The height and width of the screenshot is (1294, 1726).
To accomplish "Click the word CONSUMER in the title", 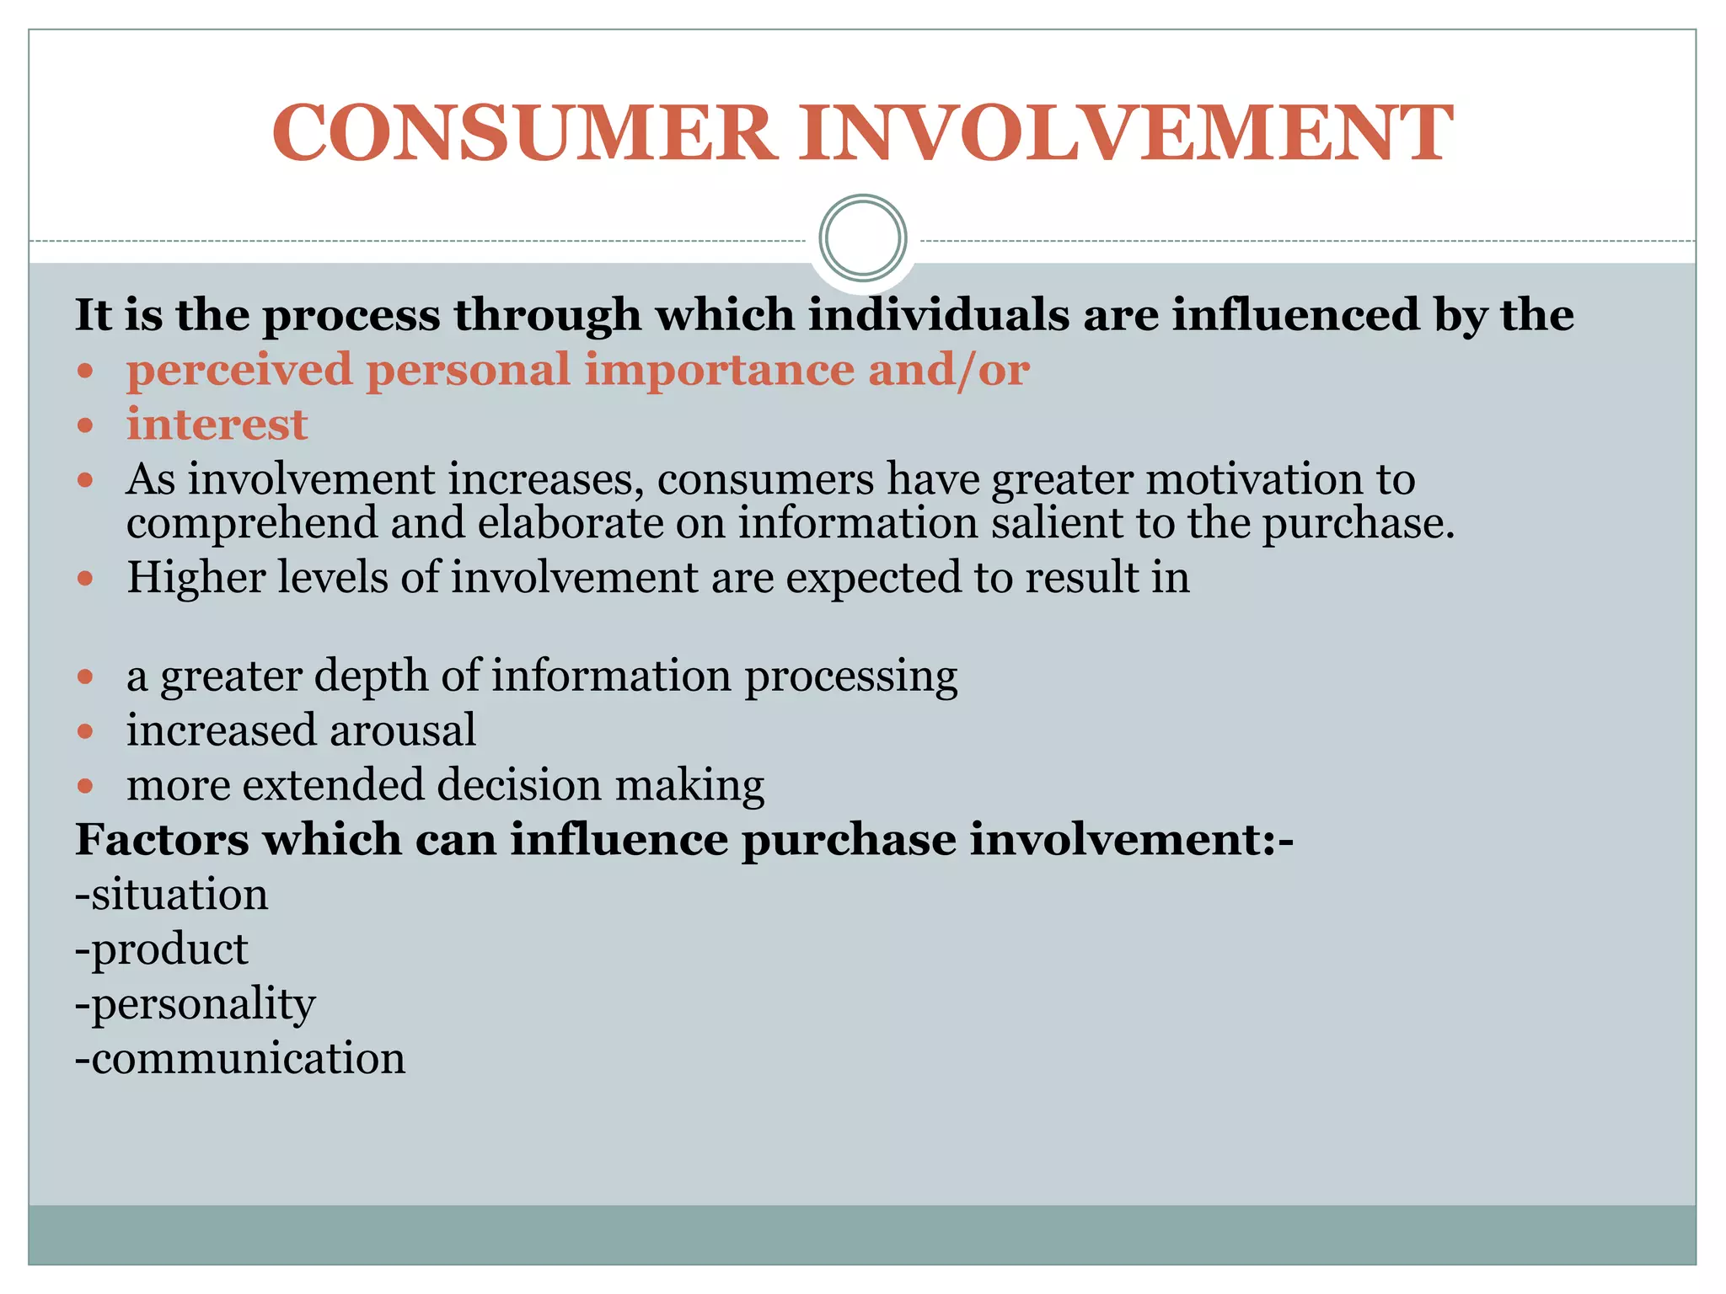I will [523, 133].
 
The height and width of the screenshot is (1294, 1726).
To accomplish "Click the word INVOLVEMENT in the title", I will [1126, 133].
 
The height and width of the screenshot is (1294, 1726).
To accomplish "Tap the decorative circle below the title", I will [863, 238].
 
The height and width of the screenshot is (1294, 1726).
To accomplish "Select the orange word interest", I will [217, 424].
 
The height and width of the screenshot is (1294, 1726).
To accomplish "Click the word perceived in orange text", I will [239, 370].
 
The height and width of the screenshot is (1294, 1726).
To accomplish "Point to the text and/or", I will [948, 370].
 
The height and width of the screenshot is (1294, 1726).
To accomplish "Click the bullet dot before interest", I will [84, 425].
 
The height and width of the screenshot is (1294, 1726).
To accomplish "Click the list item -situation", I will [172, 894].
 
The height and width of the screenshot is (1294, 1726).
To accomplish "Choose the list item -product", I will [162, 949].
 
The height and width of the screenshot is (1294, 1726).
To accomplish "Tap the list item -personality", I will [196, 1004].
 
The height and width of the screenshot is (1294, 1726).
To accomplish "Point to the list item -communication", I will [240, 1058].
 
